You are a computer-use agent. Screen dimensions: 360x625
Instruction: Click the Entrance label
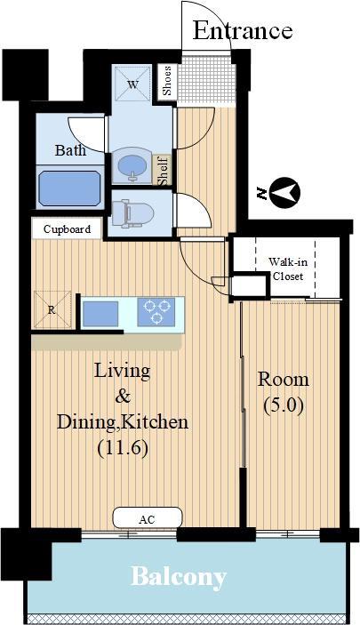click(243, 31)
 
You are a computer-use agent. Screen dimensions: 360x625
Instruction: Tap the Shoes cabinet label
click(167, 81)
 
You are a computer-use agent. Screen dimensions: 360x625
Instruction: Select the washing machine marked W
click(132, 84)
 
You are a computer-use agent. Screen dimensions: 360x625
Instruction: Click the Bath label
click(70, 150)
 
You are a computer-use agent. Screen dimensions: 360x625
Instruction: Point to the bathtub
click(69, 188)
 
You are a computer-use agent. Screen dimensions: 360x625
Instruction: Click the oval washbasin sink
click(132, 164)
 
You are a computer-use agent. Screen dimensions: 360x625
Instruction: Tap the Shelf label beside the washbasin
click(163, 171)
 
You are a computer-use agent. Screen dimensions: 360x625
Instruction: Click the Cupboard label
click(67, 229)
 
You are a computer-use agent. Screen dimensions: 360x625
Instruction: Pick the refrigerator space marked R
click(52, 310)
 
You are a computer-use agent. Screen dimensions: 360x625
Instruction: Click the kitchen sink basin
click(100, 314)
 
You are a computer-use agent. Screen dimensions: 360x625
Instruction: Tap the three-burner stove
click(156, 311)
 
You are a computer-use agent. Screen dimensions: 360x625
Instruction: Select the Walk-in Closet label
click(287, 269)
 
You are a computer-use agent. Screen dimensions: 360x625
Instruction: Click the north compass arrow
click(284, 193)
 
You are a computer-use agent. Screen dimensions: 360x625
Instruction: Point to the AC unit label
click(147, 519)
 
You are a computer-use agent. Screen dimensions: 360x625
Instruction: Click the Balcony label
click(179, 577)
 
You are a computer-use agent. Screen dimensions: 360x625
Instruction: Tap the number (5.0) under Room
click(284, 405)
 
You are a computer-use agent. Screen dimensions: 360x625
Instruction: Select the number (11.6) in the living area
click(123, 447)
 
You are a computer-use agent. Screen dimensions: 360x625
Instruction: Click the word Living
click(122, 372)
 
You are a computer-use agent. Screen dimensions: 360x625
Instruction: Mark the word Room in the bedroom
click(283, 379)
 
